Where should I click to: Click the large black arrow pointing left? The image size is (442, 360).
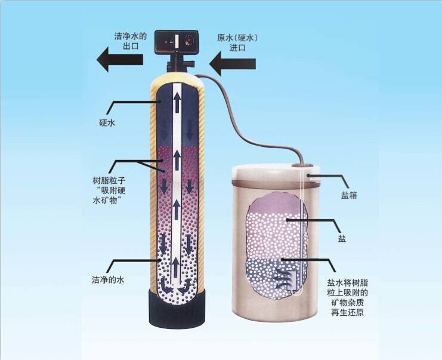click(x=120, y=60)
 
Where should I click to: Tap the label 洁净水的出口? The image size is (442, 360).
click(x=131, y=41)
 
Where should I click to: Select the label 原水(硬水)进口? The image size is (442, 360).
click(x=237, y=42)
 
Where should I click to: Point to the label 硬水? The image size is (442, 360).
click(x=107, y=123)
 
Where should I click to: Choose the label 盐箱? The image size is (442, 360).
click(x=350, y=195)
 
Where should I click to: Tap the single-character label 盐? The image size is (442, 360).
click(x=342, y=239)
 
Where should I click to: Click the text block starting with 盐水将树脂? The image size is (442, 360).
click(x=347, y=297)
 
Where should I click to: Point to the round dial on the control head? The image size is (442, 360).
click(x=190, y=41)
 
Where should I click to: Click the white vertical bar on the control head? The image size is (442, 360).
click(x=177, y=41)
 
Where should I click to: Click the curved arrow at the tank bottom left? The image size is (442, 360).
click(x=166, y=286)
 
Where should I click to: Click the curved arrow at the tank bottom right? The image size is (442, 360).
click(x=186, y=286)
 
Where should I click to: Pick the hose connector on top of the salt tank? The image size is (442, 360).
click(x=302, y=165)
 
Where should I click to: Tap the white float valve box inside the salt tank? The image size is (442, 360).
click(x=290, y=281)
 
